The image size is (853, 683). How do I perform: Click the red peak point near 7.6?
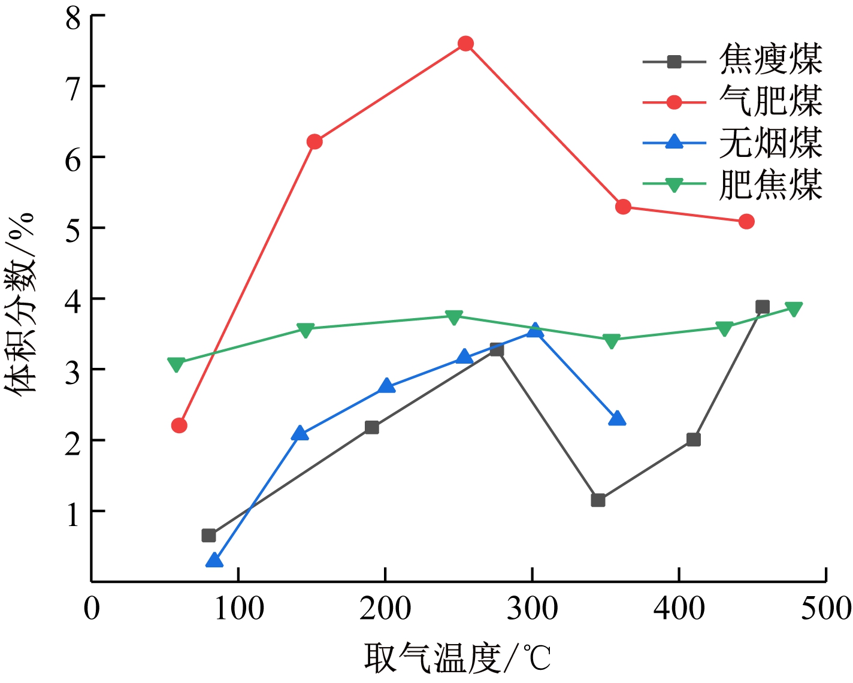(465, 44)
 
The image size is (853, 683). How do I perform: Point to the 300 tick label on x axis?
(532, 609)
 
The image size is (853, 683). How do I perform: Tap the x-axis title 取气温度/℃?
(457, 658)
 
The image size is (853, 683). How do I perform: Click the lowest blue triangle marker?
(214, 561)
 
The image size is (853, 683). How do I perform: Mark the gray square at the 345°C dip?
(598, 500)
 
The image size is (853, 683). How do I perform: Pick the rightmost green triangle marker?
(794, 309)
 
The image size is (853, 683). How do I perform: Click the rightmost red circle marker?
(746, 222)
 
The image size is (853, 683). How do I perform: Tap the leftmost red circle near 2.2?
(179, 425)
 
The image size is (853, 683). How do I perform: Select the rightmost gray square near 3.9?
(762, 307)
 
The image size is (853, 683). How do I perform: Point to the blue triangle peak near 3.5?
(535, 330)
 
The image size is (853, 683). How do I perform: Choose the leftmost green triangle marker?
(176, 364)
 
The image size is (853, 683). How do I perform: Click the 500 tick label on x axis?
(825, 609)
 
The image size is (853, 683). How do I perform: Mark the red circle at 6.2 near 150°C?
(314, 142)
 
